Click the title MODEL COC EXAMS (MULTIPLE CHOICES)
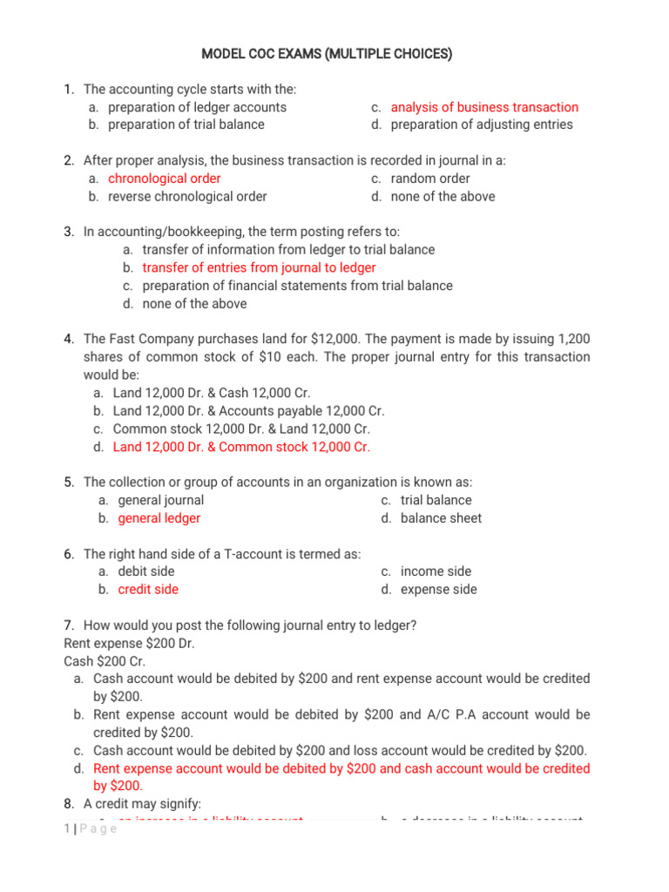tap(327, 55)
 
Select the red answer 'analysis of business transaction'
tap(484, 107)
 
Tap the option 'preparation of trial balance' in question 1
tap(186, 125)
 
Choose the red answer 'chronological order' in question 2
tap(165, 179)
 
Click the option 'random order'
tap(430, 179)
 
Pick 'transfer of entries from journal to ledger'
tap(260, 268)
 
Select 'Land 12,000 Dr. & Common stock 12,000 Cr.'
tap(241, 447)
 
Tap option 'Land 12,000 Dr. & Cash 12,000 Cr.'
tap(212, 393)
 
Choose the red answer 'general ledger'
tap(159, 518)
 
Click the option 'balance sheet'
tap(441, 518)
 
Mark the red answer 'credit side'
tap(148, 590)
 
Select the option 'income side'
tap(436, 571)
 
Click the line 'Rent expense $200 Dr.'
tap(130, 644)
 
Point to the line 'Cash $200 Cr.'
tap(105, 661)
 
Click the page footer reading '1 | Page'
tap(91, 828)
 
